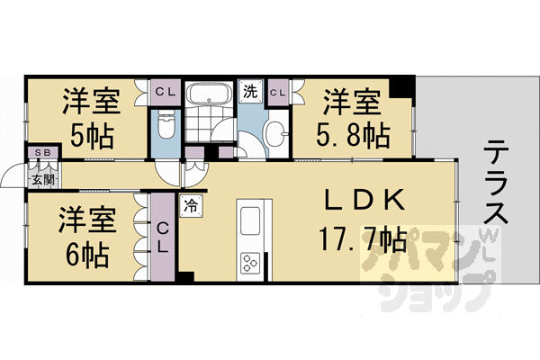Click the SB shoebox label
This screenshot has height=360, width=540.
tap(43, 152)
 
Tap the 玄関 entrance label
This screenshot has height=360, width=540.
tap(43, 179)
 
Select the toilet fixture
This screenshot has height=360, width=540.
tap(166, 125)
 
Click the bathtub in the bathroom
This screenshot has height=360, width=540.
tap(209, 94)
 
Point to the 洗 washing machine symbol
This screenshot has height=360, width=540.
tap(251, 91)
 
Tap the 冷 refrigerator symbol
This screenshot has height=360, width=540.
tap(191, 206)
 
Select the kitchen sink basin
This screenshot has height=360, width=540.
tap(249, 220)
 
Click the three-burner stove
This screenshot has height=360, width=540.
tap(250, 264)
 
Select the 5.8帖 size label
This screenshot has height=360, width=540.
tap(353, 136)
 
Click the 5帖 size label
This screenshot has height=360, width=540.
tap(92, 136)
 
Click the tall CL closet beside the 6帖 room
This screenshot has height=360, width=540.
tap(163, 237)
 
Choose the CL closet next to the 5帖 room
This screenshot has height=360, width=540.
tap(166, 93)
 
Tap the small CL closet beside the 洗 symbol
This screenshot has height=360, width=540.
tap(278, 93)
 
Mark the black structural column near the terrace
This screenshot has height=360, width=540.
tap(402, 86)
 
